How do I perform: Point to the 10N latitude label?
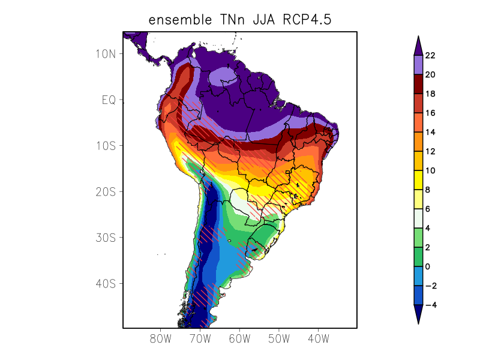pos(106,54)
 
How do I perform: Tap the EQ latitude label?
pos(109,100)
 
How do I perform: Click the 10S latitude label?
pos(106,146)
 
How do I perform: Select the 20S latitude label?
pos(106,192)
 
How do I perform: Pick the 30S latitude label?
pos(106,238)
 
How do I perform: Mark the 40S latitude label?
pos(106,284)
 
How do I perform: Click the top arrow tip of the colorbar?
pos(418,36)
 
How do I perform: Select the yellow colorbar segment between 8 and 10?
pos(418,180)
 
